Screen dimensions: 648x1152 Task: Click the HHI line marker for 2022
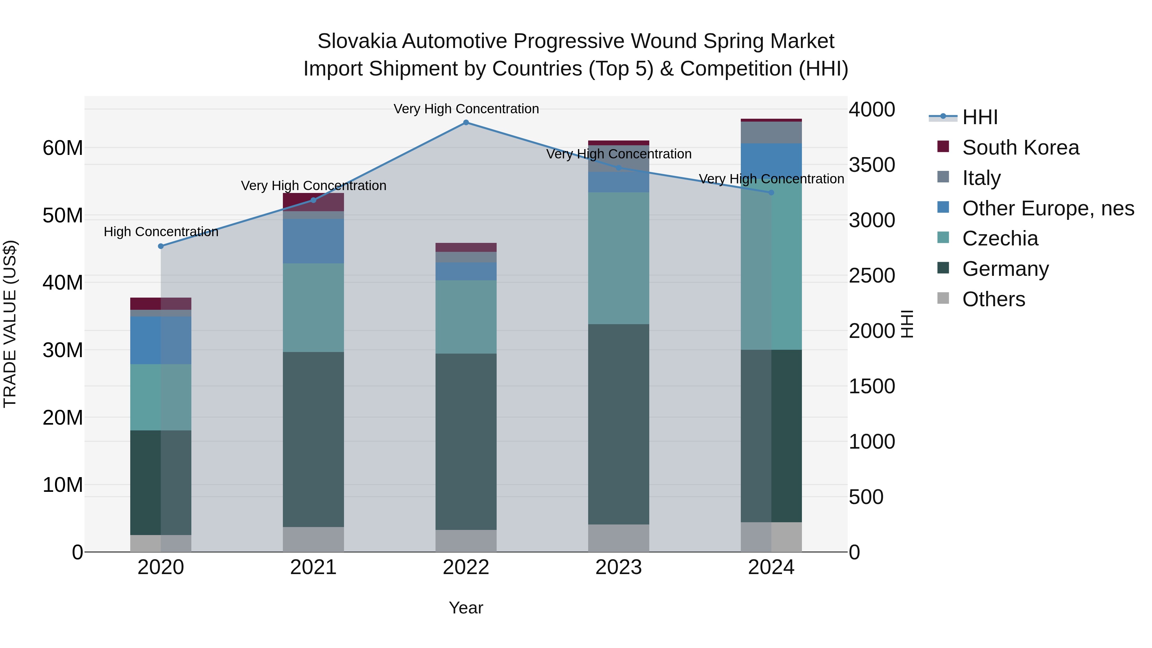click(466, 123)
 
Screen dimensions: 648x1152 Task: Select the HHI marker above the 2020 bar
click(161, 246)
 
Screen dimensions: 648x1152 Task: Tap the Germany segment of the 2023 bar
click(619, 424)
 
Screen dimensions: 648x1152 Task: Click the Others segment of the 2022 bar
click(466, 541)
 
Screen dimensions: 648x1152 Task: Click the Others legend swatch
click(943, 298)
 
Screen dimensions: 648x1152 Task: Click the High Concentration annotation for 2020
click(161, 232)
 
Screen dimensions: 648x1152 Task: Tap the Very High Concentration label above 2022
click(466, 109)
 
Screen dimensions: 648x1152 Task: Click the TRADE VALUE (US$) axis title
click(10, 324)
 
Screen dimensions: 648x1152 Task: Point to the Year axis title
click(466, 608)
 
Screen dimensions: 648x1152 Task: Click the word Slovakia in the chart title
click(356, 41)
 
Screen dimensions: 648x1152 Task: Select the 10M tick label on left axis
click(63, 485)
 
